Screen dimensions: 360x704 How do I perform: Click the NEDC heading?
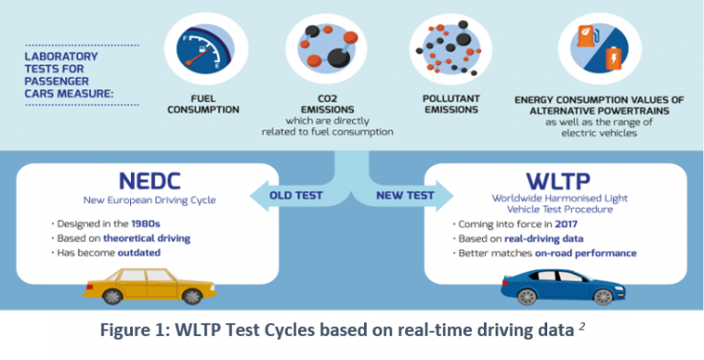(147, 180)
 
